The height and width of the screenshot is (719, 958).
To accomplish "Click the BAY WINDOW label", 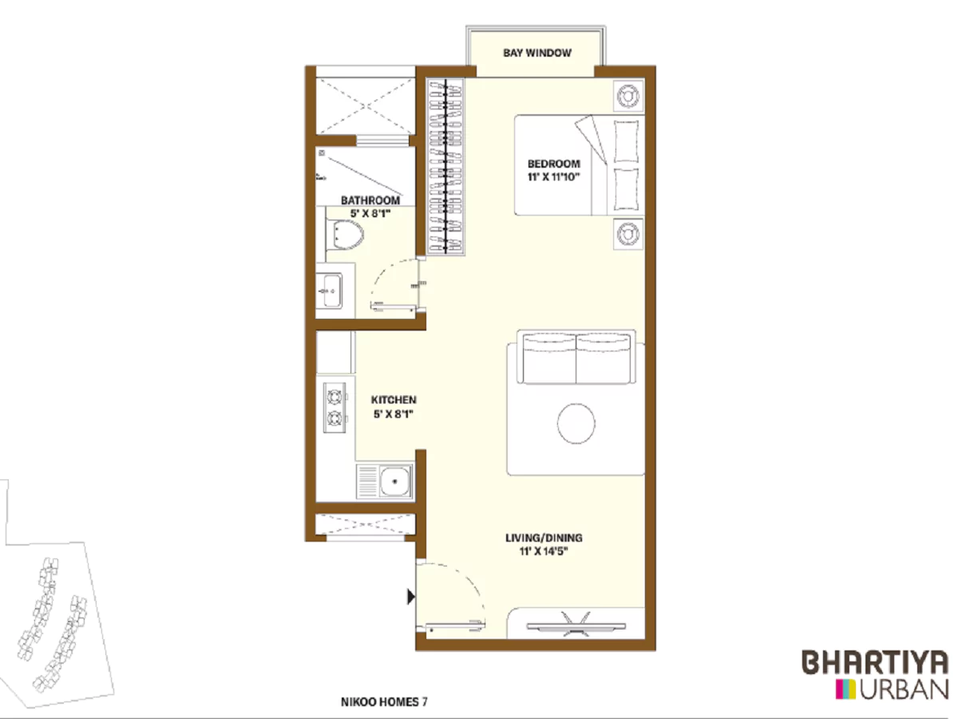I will click(536, 54).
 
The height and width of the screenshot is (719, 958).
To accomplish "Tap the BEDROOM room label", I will click(553, 164).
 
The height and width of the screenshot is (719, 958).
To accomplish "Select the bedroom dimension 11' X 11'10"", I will click(553, 177).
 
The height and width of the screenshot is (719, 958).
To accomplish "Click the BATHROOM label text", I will click(370, 201).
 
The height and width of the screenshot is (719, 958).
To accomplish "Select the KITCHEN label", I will click(394, 399).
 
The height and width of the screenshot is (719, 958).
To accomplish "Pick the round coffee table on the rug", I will click(576, 423).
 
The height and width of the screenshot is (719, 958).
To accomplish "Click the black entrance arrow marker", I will click(411, 596).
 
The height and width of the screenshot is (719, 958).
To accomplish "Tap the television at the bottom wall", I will click(576, 622).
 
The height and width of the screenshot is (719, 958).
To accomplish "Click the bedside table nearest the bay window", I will click(627, 96).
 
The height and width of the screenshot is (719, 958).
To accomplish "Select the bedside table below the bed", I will click(627, 233).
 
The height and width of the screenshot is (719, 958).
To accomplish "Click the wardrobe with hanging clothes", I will click(444, 166).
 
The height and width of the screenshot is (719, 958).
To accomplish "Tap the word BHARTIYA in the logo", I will click(875, 663).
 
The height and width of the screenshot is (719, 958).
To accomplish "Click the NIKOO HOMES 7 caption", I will click(384, 702).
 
